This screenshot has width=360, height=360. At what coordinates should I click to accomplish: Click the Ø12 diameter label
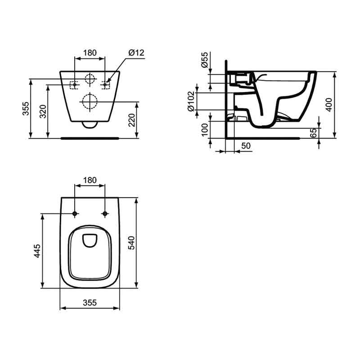(135, 53)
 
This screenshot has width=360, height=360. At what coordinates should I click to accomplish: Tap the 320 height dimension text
(43, 111)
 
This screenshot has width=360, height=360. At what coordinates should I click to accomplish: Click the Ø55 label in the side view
(205, 60)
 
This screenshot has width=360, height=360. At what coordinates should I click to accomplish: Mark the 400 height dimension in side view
(329, 104)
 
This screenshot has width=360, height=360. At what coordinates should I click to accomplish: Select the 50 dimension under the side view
(246, 146)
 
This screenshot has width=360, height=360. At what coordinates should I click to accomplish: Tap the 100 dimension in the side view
(205, 129)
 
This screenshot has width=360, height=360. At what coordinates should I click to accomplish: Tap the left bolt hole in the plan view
(75, 213)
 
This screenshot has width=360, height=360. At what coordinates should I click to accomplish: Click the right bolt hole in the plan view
(105, 213)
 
